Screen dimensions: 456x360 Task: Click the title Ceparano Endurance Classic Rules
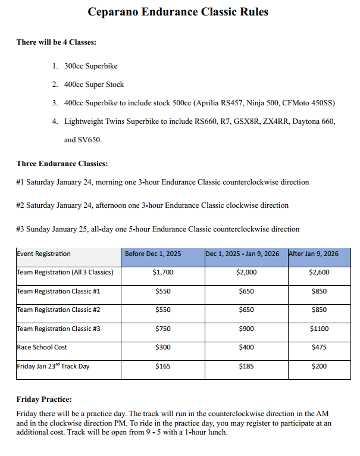click(x=178, y=12)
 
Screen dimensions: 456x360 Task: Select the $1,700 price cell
click(x=162, y=273)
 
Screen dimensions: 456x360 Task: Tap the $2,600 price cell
click(x=319, y=273)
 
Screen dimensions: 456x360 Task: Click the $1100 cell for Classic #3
click(x=319, y=329)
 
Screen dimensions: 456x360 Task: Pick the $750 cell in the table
click(x=162, y=329)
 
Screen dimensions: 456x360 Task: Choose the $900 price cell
click(x=246, y=329)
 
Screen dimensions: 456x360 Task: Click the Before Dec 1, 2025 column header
click(x=153, y=254)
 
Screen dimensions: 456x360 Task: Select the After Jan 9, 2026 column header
click(x=314, y=254)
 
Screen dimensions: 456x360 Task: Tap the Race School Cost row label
click(x=42, y=347)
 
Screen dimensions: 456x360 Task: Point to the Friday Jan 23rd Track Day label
click(x=53, y=366)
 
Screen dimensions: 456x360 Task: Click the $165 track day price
click(x=162, y=367)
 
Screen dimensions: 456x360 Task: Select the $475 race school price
click(x=319, y=347)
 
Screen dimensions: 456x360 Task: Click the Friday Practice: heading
click(x=44, y=399)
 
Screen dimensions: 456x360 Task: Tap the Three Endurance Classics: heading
click(x=62, y=164)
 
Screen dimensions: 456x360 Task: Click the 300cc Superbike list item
click(x=91, y=66)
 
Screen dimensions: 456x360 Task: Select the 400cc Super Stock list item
click(x=94, y=85)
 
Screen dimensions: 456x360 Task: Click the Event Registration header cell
click(x=43, y=254)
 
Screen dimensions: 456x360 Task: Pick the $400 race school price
click(x=246, y=347)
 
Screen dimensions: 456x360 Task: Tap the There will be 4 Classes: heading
click(x=57, y=43)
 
